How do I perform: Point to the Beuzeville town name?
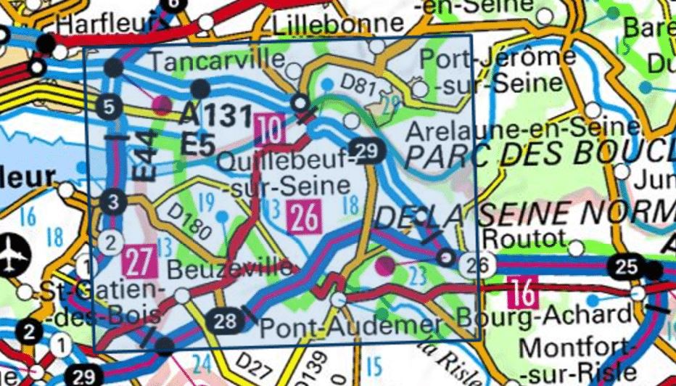[x=231, y=269]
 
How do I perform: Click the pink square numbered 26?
[x=305, y=218]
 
